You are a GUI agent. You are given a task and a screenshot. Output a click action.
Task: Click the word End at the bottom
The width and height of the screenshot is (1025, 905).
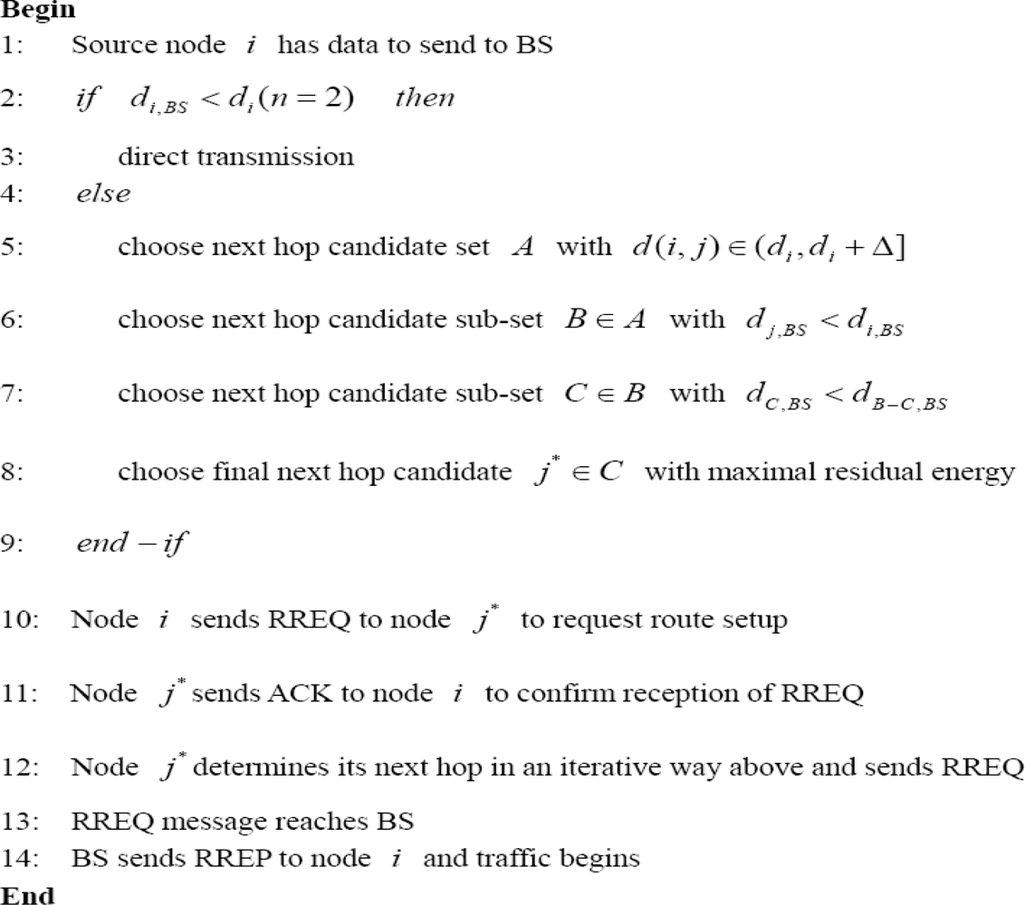21,894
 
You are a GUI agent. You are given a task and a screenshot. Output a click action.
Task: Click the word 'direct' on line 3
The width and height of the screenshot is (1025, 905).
148,157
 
